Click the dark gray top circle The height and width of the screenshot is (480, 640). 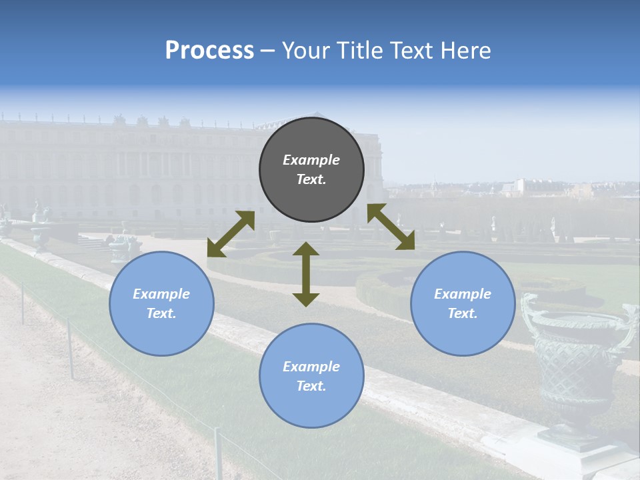click(311, 170)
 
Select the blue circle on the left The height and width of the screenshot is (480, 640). click(161, 303)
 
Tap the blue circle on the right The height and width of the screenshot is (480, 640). click(462, 303)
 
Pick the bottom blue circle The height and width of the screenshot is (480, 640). click(311, 376)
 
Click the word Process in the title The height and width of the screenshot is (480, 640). click(209, 51)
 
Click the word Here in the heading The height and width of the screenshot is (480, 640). click(466, 51)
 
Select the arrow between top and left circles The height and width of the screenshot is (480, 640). click(231, 234)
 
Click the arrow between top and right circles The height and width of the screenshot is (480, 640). click(391, 227)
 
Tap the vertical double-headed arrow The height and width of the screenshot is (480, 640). click(306, 274)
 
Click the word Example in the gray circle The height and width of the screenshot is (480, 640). click(311, 160)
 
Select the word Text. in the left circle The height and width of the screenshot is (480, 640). click(161, 313)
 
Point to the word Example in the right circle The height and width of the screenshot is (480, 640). click(462, 294)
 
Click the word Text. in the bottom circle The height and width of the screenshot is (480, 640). click(311, 386)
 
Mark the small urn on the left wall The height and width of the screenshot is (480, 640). click(120, 247)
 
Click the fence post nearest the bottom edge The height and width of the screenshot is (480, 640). click(218, 453)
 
